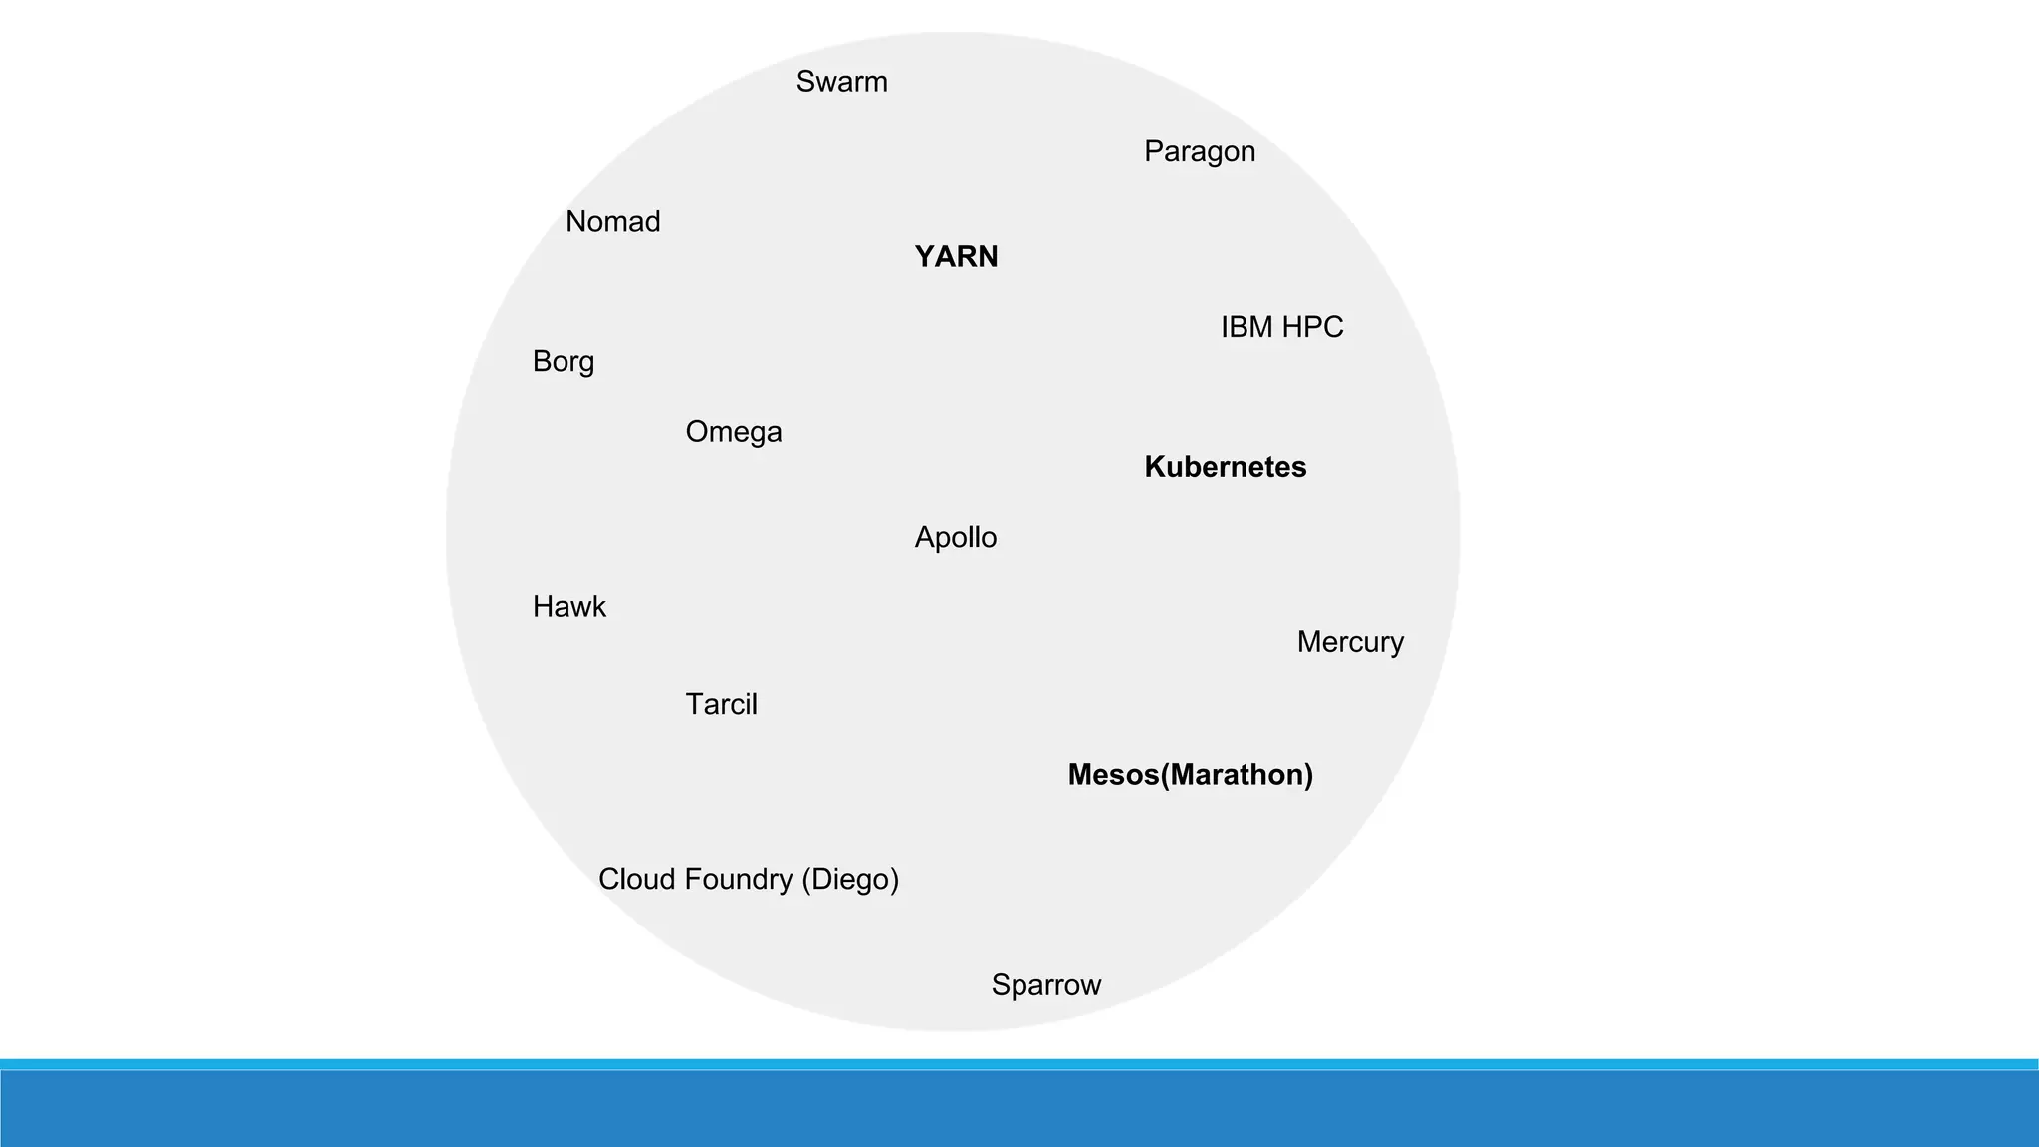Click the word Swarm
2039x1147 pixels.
(x=841, y=82)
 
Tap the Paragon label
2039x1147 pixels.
(x=1199, y=152)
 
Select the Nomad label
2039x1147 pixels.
(x=612, y=221)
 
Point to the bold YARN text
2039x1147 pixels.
(x=956, y=257)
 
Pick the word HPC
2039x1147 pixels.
(x=1312, y=327)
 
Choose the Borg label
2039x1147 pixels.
(x=563, y=361)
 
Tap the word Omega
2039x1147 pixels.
(x=734, y=432)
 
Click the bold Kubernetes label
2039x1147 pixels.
(x=1225, y=467)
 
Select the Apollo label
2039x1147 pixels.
(x=955, y=538)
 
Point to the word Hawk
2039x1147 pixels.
(x=568, y=607)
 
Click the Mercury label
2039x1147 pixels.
(x=1350, y=642)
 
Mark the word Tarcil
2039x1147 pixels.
(x=721, y=705)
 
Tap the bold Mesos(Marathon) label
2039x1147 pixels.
(x=1190, y=775)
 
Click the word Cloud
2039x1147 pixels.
(x=637, y=879)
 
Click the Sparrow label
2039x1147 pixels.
(x=1045, y=985)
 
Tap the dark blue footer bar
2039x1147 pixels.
(x=1019, y=1109)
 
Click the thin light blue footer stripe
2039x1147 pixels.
(x=1019, y=1064)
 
